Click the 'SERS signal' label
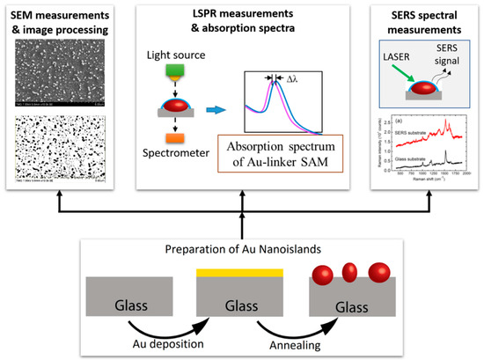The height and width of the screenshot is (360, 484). [440, 57]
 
